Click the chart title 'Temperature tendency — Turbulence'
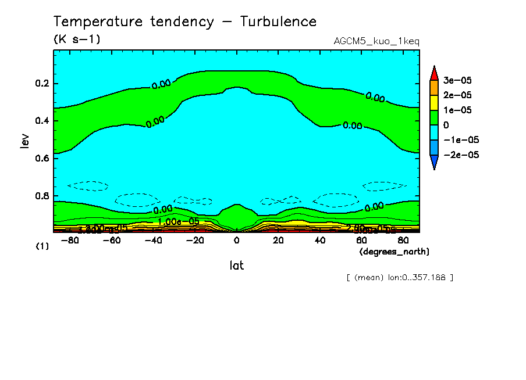185,22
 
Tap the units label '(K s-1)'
77,40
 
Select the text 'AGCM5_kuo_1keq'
376,41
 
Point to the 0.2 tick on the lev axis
44,84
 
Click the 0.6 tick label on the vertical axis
44,158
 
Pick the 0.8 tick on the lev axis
44,196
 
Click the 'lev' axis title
24,139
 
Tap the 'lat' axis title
236,266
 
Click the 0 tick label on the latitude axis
236,241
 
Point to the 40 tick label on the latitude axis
319,241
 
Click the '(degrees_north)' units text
394,252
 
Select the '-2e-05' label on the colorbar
460,155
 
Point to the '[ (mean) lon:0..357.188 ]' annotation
399,278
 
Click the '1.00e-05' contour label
178,222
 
